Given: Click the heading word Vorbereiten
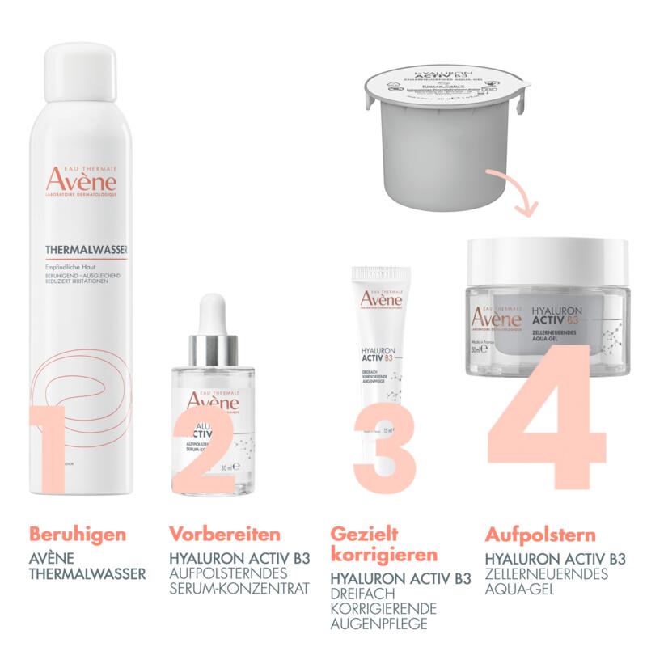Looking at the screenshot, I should click(x=225, y=535).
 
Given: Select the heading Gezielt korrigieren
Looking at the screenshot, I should click(x=383, y=544).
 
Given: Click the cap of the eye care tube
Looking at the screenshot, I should click(x=375, y=278).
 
